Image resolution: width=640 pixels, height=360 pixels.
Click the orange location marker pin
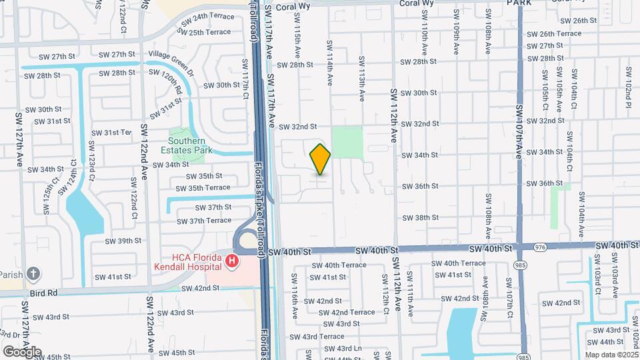320,159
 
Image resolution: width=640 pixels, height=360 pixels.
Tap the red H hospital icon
232,261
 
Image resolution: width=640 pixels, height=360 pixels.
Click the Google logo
22,351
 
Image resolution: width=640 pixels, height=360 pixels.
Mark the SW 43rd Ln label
349,348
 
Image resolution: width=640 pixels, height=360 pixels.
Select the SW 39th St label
125,241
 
